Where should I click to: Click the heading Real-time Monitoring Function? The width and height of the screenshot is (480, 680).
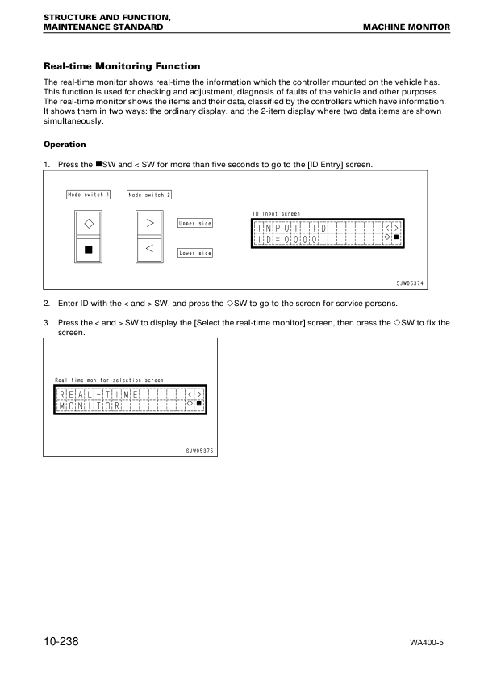[x=121, y=66]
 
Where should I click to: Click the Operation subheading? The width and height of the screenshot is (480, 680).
[x=65, y=145]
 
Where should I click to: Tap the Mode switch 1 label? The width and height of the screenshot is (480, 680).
[x=89, y=195]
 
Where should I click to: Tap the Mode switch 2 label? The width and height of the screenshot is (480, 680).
[x=149, y=195]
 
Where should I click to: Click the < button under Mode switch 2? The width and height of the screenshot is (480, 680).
[x=149, y=248]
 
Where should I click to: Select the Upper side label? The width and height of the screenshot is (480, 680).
[x=194, y=223]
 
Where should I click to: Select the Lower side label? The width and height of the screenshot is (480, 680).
[x=194, y=253]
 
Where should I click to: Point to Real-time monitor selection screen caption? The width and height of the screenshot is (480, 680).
[x=109, y=380]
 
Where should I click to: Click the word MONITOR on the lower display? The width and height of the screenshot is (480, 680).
[x=90, y=405]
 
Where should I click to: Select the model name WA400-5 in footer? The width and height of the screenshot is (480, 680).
[x=428, y=644]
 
